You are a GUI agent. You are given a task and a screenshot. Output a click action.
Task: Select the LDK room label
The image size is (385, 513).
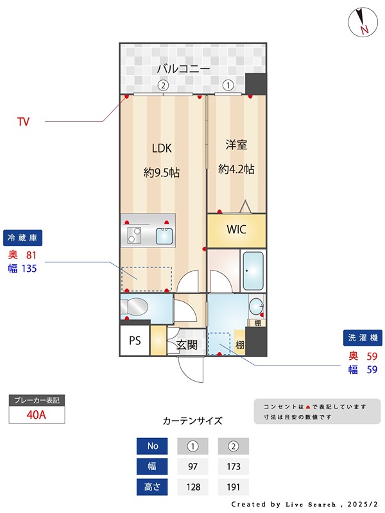[162, 148]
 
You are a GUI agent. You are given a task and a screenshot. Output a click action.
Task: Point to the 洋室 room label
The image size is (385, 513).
[236, 145]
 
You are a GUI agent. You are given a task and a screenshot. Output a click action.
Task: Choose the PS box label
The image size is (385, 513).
[135, 341]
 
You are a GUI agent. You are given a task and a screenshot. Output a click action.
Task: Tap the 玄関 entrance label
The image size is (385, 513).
[187, 346]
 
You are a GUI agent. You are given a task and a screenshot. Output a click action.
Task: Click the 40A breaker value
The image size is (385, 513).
[37, 414]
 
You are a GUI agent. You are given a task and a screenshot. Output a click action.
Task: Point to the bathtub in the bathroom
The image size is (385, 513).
[253, 271]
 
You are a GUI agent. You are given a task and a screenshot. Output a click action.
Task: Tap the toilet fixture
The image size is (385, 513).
[136, 305]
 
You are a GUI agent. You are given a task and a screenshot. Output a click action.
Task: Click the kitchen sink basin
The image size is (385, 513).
[164, 236]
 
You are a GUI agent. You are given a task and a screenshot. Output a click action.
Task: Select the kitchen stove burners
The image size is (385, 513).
[135, 235]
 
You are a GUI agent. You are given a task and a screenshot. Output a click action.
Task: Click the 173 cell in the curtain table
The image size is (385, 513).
[234, 466]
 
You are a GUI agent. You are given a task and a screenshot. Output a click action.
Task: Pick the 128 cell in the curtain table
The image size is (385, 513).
[193, 487]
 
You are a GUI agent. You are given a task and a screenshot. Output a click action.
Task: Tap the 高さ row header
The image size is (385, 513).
[152, 487]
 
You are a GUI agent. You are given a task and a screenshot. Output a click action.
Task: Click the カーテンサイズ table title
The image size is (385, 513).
[193, 421]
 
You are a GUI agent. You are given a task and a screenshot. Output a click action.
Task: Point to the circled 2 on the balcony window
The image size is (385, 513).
[163, 85]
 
